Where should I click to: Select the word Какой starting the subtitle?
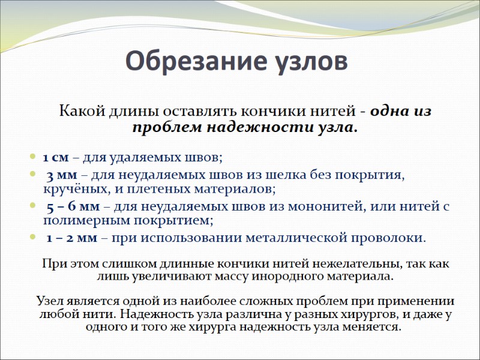point(81,112)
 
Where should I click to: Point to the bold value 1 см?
point(56,158)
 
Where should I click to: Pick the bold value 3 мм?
point(61,175)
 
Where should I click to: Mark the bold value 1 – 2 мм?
point(73,237)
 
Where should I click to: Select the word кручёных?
point(70,189)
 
